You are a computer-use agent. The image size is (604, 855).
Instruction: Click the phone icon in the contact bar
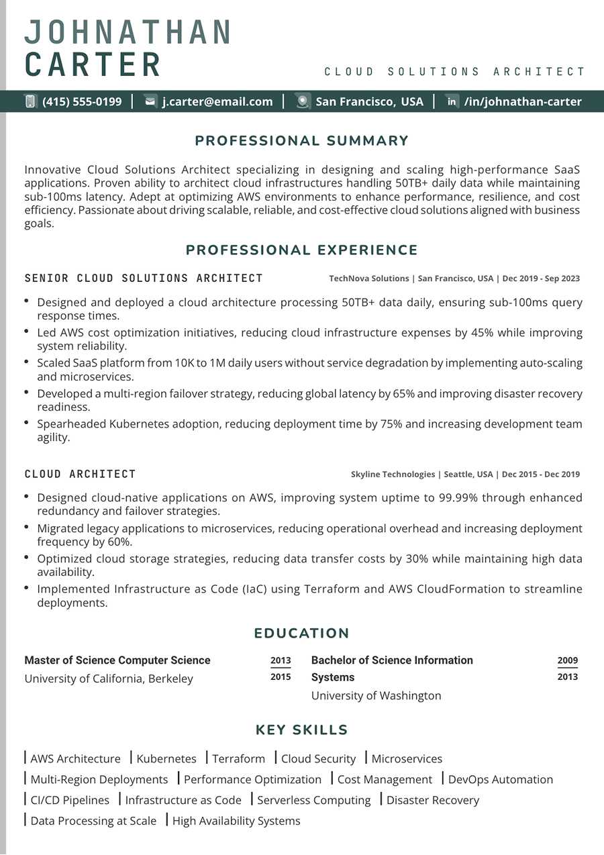pyautogui.click(x=30, y=101)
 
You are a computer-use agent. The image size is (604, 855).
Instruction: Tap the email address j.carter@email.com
pyautogui.click(x=217, y=102)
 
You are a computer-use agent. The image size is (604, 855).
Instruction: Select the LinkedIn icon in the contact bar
pyautogui.click(x=452, y=101)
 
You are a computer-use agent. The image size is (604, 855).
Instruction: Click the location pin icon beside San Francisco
pyautogui.click(x=303, y=101)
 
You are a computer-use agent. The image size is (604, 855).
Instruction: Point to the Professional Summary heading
pyautogui.click(x=302, y=141)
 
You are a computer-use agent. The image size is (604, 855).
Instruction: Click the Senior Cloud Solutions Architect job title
pyautogui.click(x=144, y=278)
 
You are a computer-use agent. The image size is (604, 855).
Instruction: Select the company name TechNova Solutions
pyautogui.click(x=369, y=279)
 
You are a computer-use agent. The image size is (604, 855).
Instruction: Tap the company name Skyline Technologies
pyautogui.click(x=393, y=474)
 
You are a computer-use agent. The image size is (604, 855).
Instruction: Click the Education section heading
pyautogui.click(x=302, y=634)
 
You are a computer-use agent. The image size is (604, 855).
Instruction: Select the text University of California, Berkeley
pyautogui.click(x=109, y=678)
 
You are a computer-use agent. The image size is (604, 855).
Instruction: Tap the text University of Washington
pyautogui.click(x=376, y=696)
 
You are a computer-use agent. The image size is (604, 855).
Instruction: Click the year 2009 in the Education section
pyautogui.click(x=567, y=660)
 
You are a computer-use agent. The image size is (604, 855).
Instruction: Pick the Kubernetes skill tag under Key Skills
pyautogui.click(x=166, y=759)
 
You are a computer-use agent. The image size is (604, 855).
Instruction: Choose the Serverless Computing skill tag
pyautogui.click(x=313, y=801)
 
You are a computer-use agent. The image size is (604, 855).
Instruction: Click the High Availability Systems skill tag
pyautogui.click(x=236, y=821)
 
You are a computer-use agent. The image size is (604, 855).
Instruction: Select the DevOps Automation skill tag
pyautogui.click(x=500, y=780)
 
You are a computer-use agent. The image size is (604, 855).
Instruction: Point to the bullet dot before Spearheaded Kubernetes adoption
pyautogui.click(x=26, y=422)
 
